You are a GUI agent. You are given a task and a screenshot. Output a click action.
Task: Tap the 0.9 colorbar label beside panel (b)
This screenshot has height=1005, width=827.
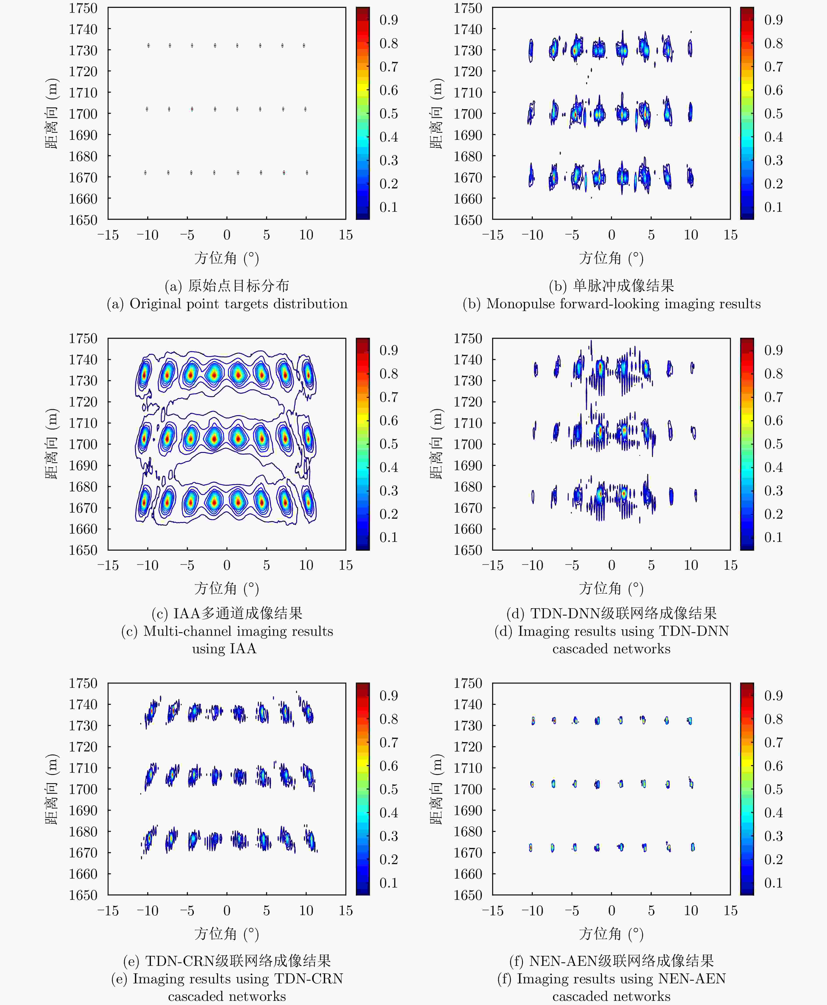[773, 20]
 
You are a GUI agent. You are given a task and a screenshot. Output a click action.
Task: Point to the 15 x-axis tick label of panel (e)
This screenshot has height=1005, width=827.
[346, 911]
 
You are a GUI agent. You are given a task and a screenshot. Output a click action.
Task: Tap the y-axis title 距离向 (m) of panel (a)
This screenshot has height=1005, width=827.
[51, 113]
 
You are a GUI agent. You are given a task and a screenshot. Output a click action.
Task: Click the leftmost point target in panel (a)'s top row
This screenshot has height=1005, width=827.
[149, 46]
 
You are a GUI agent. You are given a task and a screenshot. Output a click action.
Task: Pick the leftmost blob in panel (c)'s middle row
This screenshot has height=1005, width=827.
[144, 437]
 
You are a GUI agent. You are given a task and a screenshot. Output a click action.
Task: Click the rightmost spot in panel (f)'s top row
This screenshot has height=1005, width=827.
[690, 721]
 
